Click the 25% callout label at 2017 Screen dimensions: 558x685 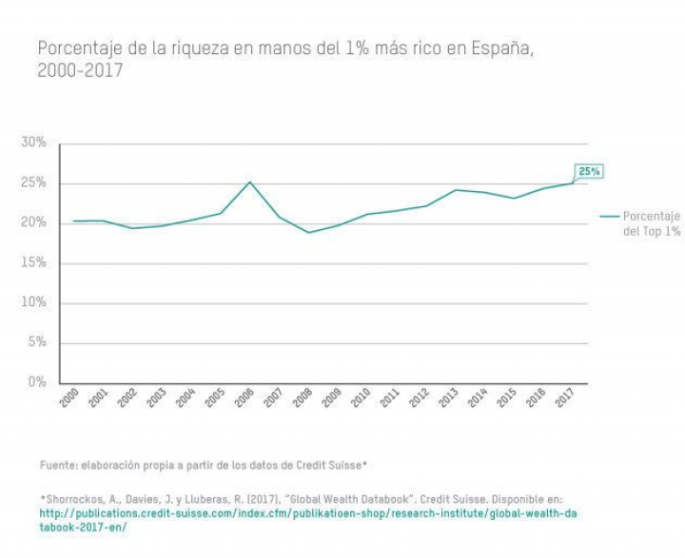coord(590,171)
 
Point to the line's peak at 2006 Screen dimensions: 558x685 coord(249,182)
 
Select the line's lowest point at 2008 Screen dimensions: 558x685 coord(307,232)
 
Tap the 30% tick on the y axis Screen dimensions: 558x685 coord(33,143)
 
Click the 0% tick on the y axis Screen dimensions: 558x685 coord(37,382)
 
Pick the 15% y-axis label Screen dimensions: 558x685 coord(33,262)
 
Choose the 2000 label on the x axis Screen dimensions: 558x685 coord(68,399)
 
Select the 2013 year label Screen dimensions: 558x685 coord(449,399)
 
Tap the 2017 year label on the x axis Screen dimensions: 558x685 coord(566,399)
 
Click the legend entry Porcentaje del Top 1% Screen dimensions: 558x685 coord(652,223)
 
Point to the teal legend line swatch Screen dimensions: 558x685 coord(609,217)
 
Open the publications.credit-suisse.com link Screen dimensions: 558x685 coord(304,512)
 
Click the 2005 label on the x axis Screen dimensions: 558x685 coord(215,399)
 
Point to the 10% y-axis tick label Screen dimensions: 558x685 coord(33,302)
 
